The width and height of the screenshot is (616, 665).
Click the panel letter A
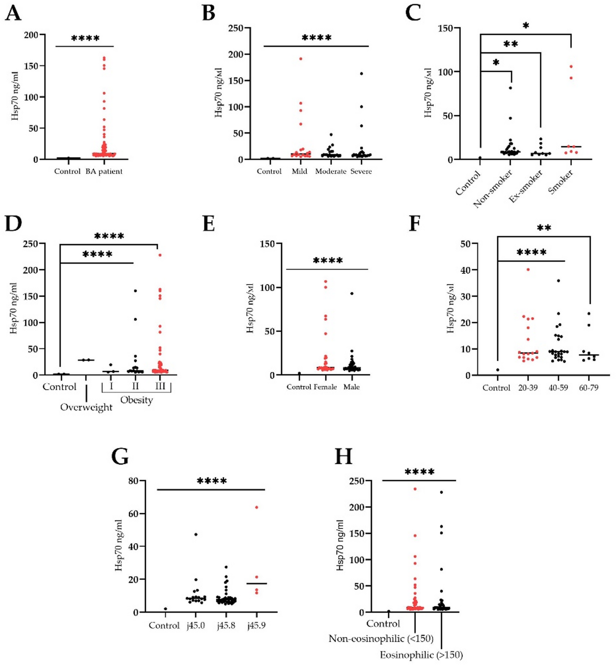coord(13,13)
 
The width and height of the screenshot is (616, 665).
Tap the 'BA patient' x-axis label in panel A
coord(104,172)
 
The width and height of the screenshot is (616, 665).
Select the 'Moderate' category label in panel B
coord(331,172)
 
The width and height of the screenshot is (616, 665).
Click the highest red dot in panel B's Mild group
coord(300,59)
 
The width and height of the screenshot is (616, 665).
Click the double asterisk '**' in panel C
coord(510,45)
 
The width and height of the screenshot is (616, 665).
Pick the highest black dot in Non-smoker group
coord(510,88)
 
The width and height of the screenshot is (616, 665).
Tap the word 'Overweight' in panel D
coord(86,408)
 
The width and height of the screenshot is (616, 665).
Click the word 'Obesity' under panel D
coord(136,400)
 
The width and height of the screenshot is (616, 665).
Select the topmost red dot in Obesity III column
coord(160,255)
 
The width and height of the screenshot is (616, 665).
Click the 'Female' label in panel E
coord(325,387)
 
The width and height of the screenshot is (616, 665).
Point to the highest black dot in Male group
coord(352,293)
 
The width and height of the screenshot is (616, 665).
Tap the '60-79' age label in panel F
coord(588,388)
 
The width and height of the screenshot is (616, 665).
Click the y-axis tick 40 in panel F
coord(465,270)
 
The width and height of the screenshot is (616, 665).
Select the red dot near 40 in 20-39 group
coord(528,269)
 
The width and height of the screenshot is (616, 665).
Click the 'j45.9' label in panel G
coord(256,626)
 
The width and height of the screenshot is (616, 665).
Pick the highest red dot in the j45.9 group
coord(256,507)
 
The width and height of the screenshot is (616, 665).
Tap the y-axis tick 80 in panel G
coord(133,481)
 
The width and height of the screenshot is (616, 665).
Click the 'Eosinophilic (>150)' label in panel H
coord(421,655)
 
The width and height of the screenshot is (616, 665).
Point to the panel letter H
coord(344,457)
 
